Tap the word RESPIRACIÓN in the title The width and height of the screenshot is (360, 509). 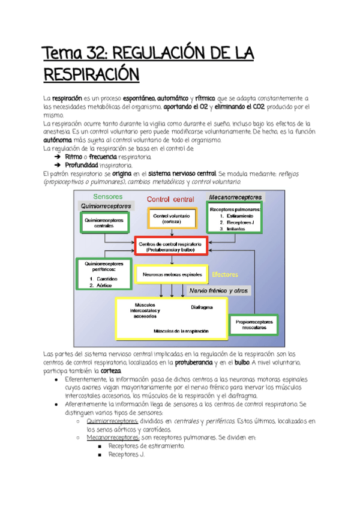coord(91,76)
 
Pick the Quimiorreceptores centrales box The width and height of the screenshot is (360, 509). coord(104,223)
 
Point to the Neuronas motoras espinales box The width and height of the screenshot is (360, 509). coord(172,275)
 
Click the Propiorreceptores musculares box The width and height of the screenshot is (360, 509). coord(254,326)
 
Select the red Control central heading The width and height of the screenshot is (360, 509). coord(170,199)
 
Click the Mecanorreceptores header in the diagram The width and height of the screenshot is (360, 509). coord(236,197)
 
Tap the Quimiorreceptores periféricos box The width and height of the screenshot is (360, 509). coord(104,274)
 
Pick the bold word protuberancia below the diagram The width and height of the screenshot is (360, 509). coord(193,363)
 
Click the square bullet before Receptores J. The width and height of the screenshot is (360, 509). coord(101,455)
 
